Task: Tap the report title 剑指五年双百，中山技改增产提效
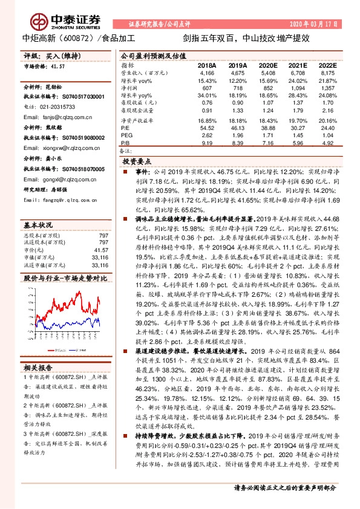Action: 238,38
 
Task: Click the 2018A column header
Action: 207,65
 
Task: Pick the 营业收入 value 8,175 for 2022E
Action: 326,72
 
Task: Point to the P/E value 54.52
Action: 207,128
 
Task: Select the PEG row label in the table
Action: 125,136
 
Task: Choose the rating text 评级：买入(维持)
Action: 46,55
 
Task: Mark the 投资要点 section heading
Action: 138,162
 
